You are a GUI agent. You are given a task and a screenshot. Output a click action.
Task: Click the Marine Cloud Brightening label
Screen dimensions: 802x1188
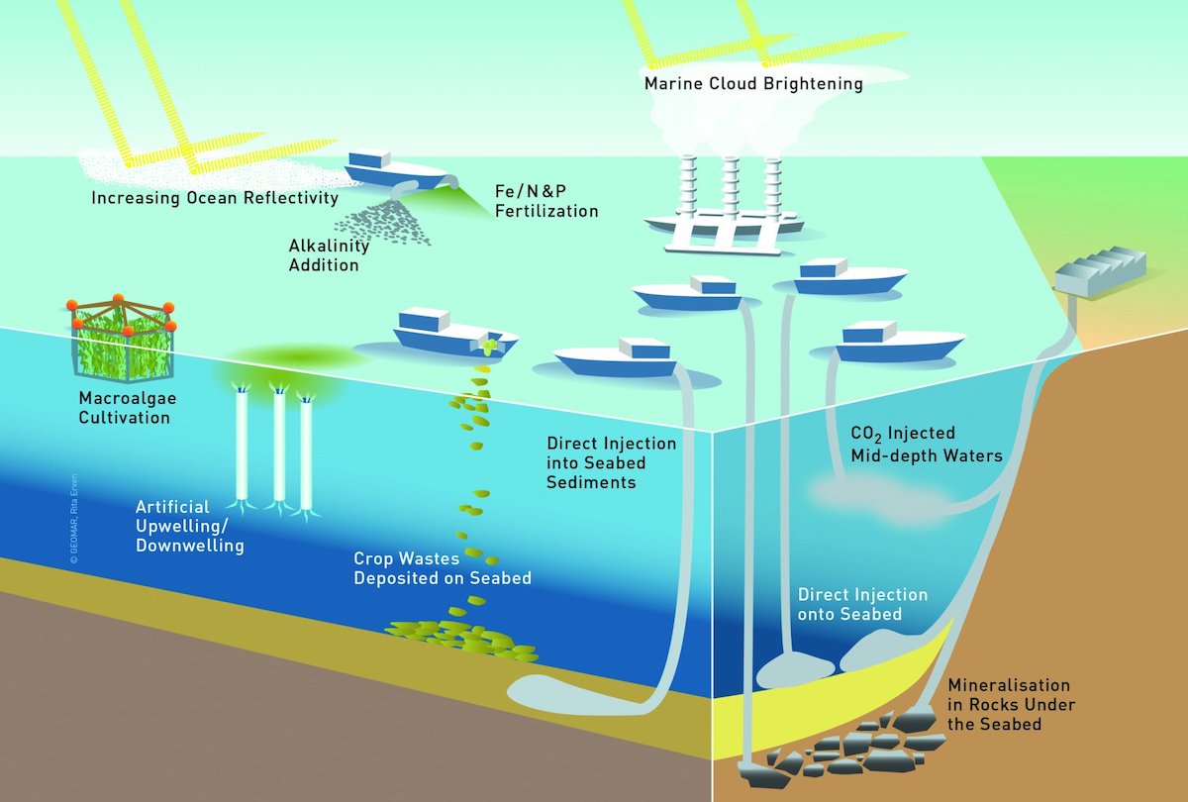point(753,84)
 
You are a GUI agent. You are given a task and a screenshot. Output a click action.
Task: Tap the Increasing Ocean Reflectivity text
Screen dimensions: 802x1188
point(215,198)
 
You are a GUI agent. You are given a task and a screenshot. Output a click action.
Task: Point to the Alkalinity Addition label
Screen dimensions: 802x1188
point(323,254)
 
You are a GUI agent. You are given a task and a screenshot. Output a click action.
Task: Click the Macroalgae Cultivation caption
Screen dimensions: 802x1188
point(124,408)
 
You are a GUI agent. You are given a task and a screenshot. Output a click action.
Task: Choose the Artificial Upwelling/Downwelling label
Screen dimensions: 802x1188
point(189,526)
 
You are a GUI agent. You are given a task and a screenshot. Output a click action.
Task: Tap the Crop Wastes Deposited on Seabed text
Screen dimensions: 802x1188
point(443,568)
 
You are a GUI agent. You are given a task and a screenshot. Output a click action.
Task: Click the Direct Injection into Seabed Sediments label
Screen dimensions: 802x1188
point(611,462)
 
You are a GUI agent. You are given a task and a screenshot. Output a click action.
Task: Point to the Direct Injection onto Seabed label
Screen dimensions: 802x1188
point(863,604)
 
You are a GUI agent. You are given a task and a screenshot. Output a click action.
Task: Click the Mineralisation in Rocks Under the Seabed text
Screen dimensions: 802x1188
point(1010,704)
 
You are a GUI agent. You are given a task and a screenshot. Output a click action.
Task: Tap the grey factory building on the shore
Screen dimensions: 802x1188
point(1099,268)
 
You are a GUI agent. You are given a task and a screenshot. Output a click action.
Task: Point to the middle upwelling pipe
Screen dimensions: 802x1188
point(279,446)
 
